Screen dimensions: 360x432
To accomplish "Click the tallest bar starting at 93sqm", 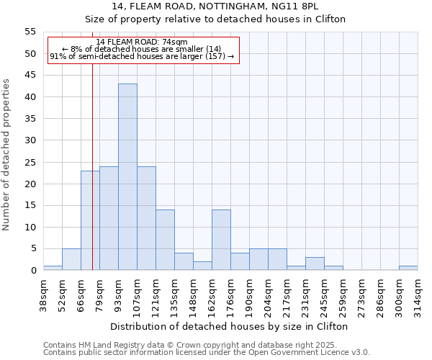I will coord(127,177).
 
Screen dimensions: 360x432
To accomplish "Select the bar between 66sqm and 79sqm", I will coord(90,220).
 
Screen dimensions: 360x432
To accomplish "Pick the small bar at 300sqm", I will coord(408,268).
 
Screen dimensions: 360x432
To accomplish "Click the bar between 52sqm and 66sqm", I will coord(71,259).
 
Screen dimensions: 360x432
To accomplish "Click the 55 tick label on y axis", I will coord(30,32).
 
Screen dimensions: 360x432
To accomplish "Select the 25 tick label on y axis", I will coord(30,162).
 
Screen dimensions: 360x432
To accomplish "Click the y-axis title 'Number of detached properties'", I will coord(7,154).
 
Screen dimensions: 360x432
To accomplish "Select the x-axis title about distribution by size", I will coord(230,326).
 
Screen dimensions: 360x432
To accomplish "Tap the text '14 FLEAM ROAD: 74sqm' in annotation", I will coord(141,42).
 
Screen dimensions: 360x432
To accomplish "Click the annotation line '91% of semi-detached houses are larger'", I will coord(141,56).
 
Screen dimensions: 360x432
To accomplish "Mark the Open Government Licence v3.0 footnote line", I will coord(207,353).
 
